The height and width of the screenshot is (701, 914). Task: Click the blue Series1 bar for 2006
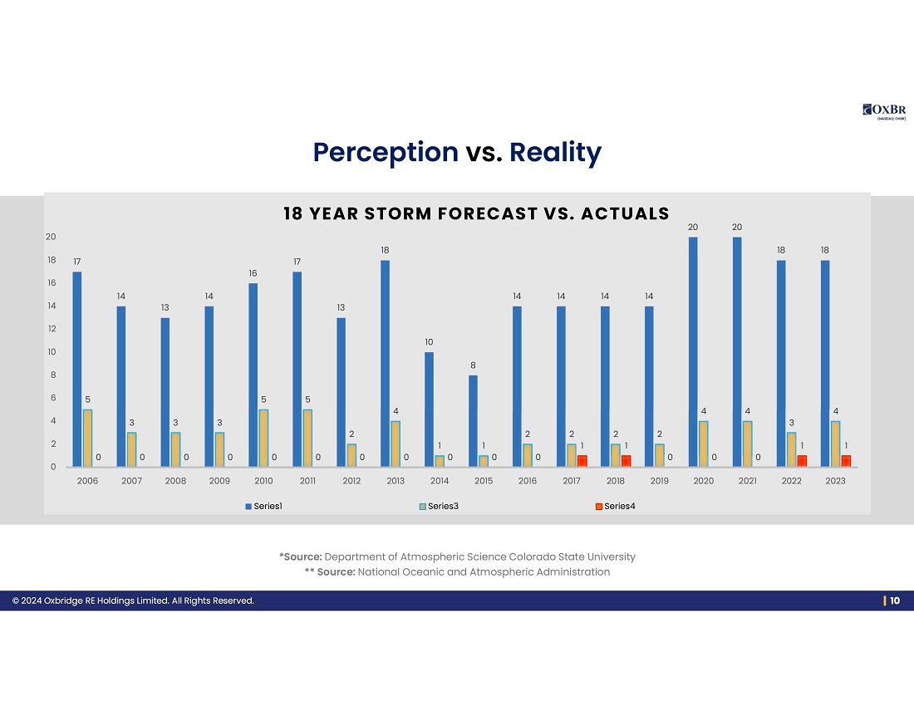click(77, 369)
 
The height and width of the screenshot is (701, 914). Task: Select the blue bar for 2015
click(473, 421)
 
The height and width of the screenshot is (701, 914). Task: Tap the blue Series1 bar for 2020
click(693, 352)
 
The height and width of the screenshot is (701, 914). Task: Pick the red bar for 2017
click(582, 461)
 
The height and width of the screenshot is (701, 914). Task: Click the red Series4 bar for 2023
click(846, 461)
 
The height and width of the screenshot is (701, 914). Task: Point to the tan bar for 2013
click(396, 444)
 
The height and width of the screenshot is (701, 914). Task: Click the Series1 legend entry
click(263, 507)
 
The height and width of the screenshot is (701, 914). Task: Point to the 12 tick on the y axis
click(51, 329)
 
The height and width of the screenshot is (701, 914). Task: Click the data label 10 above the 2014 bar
click(429, 342)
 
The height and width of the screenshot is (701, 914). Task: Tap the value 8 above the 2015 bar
click(473, 365)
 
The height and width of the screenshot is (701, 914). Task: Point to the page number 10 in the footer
click(895, 601)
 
